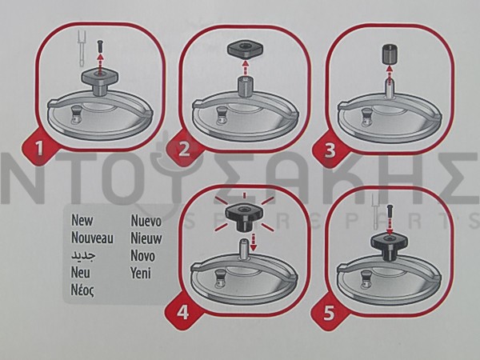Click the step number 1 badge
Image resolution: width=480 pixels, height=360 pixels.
[x=39, y=148]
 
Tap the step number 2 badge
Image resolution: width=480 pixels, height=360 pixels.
[x=184, y=150]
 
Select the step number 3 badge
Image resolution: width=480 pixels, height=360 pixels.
[x=330, y=151]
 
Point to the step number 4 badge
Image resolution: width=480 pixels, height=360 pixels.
[x=182, y=313]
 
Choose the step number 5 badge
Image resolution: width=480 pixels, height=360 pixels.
[x=329, y=314]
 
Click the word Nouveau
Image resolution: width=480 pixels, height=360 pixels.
[x=92, y=238]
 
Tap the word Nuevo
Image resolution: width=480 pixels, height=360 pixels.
[x=146, y=221]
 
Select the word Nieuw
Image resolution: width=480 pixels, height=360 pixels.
[x=146, y=238]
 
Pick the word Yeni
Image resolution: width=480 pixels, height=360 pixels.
[x=141, y=273]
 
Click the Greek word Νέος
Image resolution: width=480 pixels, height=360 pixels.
[x=82, y=290]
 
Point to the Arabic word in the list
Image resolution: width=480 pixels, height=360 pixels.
[x=83, y=255]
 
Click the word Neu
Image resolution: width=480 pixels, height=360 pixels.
[x=81, y=272]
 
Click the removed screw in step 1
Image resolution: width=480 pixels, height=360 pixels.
[x=99, y=46]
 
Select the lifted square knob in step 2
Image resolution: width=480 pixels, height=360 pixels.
[x=244, y=50]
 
